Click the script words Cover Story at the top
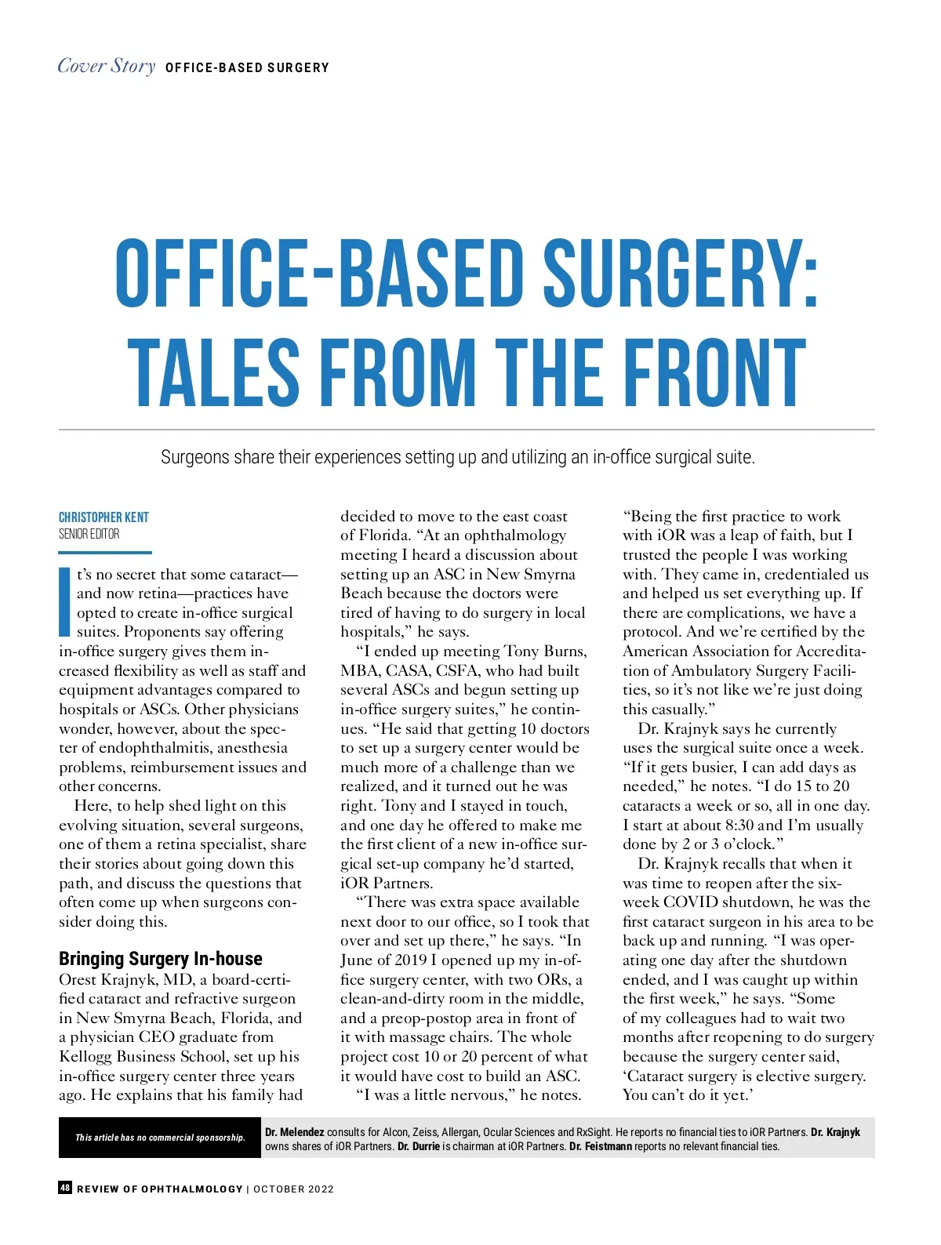click(107, 66)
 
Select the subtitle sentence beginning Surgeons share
click(457, 457)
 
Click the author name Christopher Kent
click(104, 517)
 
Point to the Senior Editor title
click(89, 534)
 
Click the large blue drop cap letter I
click(66, 601)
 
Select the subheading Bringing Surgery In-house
click(161, 959)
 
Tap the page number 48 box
click(66, 1188)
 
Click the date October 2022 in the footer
click(293, 1189)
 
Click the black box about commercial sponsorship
click(160, 1138)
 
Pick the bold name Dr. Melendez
click(295, 1132)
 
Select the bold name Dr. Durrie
click(419, 1146)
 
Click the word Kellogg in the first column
click(85, 1056)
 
